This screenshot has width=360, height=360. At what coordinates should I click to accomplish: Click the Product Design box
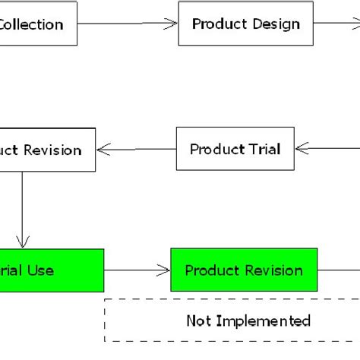coord(245,24)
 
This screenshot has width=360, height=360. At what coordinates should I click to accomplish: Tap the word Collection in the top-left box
coord(30,24)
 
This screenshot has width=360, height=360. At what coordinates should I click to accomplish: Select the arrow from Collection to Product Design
coord(127,24)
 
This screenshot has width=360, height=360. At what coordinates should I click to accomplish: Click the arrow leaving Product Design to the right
coord(335,24)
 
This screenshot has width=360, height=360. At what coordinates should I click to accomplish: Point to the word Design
coord(275,24)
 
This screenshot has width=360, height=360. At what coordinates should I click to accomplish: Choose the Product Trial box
coord(235,149)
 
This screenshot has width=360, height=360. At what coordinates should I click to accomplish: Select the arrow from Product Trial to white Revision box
coord(136,150)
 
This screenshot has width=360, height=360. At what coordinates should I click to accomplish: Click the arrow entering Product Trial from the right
coord(327,149)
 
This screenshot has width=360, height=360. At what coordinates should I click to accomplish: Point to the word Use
coord(41,270)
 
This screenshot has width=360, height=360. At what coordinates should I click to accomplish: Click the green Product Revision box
coord(244,270)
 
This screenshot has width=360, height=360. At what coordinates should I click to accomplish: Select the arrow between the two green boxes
coord(137,270)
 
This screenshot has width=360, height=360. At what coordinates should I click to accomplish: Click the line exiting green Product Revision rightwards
coord(339,270)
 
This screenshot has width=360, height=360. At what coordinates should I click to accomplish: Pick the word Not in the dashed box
coord(199,321)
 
